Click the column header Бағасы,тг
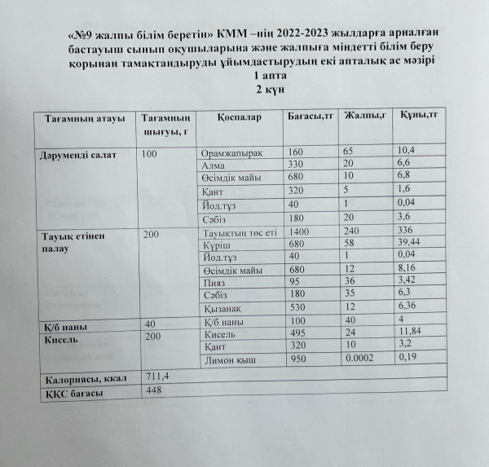(x=311, y=117)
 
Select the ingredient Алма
(x=213, y=165)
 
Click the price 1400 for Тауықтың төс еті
(x=301, y=233)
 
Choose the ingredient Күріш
(x=215, y=245)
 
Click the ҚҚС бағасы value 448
(x=152, y=390)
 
